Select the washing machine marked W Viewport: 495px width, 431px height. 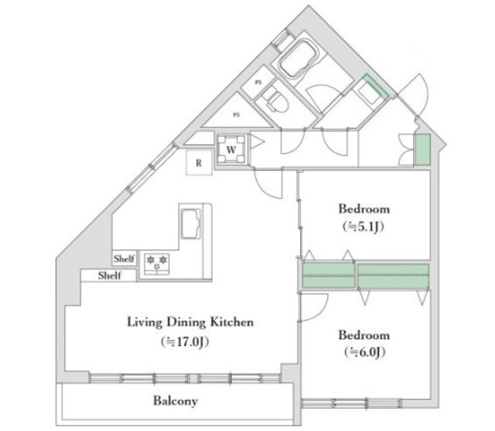point(232,147)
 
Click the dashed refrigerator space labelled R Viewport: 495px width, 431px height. point(200,162)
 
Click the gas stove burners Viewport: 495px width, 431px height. point(157,262)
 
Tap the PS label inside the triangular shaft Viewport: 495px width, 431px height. point(235,115)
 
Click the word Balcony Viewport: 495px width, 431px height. point(175,401)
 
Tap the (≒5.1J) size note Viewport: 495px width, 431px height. point(364,226)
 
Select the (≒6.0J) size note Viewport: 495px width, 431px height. point(364,353)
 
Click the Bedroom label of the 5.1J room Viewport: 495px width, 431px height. point(364,209)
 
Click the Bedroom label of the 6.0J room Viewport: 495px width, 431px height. point(364,336)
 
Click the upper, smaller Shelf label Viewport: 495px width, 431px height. point(124,259)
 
